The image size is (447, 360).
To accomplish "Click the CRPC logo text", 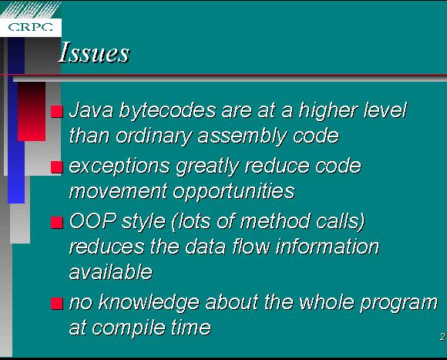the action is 31,27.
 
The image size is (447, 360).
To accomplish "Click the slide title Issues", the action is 94,52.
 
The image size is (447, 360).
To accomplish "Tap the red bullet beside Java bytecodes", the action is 57,112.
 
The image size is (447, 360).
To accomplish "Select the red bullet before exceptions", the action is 57,167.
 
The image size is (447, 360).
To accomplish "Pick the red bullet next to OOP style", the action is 57,223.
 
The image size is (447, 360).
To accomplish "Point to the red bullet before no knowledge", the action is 57,304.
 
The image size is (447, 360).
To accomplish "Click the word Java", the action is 91,110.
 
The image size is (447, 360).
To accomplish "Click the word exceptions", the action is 119,167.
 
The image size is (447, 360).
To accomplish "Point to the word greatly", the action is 207,167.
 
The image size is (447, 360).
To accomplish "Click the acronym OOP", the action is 93,221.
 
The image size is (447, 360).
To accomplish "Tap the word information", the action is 328,247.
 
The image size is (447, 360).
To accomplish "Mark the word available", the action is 111,271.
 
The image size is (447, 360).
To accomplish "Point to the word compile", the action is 129,328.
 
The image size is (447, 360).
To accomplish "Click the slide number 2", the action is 442,337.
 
